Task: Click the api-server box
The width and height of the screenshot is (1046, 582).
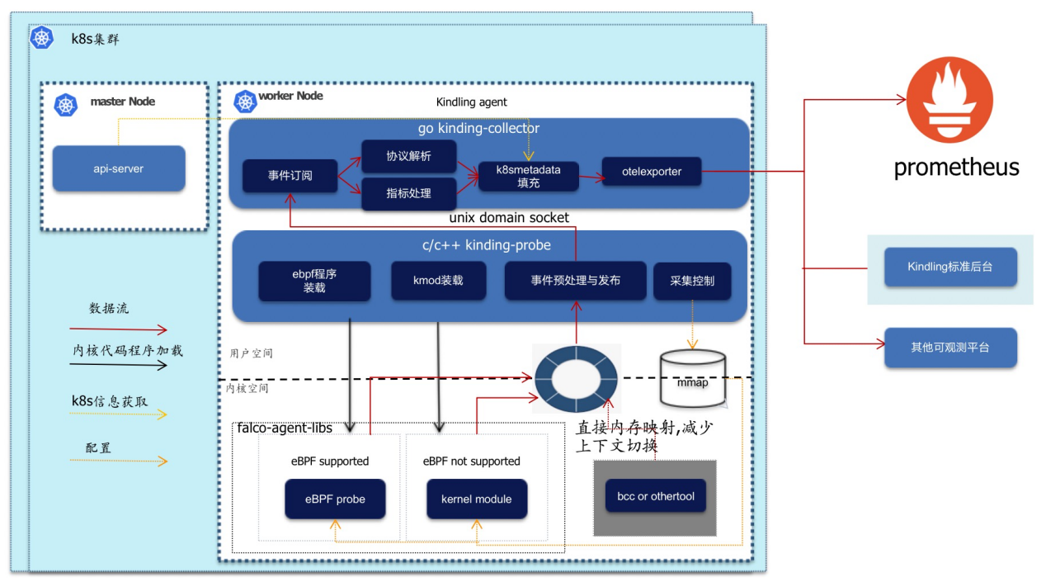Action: pos(119,168)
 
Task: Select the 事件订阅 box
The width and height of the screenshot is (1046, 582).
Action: pos(290,176)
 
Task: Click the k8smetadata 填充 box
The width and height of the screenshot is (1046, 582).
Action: pos(528,177)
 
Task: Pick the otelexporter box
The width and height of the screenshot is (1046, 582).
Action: pos(652,172)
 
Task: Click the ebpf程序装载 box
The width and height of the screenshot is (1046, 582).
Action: pos(314,281)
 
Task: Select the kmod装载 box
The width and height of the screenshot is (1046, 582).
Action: pos(438,281)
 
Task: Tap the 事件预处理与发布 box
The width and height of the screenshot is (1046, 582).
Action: pos(575,281)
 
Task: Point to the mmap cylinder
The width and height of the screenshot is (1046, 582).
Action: pos(693,379)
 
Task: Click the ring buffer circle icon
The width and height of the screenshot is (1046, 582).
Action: pos(576,379)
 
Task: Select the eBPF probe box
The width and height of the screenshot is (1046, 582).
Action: pos(335,499)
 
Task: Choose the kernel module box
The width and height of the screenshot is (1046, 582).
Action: pos(476,499)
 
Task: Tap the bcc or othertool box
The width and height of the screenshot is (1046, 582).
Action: pos(656,496)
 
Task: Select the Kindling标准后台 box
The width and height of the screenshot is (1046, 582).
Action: pos(950,267)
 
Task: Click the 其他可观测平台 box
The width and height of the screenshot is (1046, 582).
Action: pos(950,348)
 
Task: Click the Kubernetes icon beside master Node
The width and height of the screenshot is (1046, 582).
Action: pos(66,105)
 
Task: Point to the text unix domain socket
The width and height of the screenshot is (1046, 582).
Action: pos(509,218)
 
